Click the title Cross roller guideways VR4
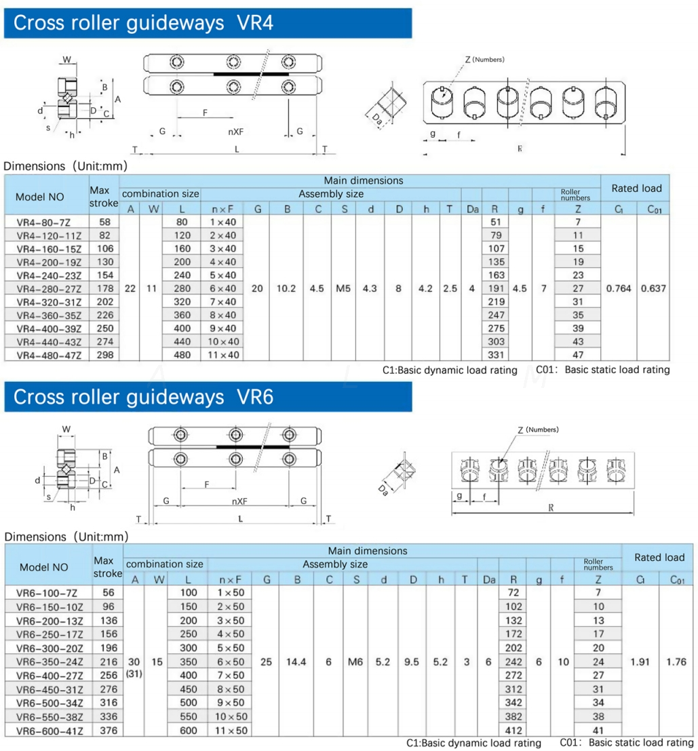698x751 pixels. click(x=143, y=23)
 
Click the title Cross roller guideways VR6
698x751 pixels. click(x=143, y=397)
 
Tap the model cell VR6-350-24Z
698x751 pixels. click(x=50, y=661)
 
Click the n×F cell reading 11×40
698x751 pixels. click(x=222, y=355)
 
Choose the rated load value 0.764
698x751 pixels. click(x=618, y=288)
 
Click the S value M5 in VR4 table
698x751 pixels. click(x=344, y=288)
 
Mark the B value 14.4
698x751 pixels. click(x=297, y=661)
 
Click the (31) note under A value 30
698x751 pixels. click(x=134, y=675)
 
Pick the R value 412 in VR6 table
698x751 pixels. click(x=512, y=731)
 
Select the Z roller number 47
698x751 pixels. click(x=577, y=355)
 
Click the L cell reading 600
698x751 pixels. click(x=189, y=731)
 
